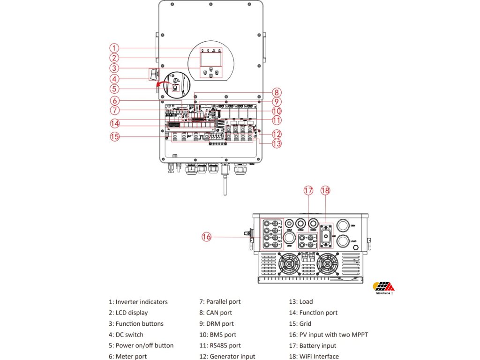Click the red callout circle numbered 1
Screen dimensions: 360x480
[114, 48]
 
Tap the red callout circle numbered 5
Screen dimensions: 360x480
[114, 89]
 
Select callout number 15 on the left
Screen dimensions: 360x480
[114, 137]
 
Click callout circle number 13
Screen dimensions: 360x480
[277, 143]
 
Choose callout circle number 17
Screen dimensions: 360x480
[308, 190]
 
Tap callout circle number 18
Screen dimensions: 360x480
[326, 190]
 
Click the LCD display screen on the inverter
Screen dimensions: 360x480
[210, 59]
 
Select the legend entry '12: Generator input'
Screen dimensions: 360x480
[227, 357]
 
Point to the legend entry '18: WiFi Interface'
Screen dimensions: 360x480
[314, 357]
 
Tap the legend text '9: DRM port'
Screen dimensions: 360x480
[216, 323]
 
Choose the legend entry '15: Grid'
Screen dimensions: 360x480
[300, 323]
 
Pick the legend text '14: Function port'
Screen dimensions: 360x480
[313, 313]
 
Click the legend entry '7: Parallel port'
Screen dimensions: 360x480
[220, 302]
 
